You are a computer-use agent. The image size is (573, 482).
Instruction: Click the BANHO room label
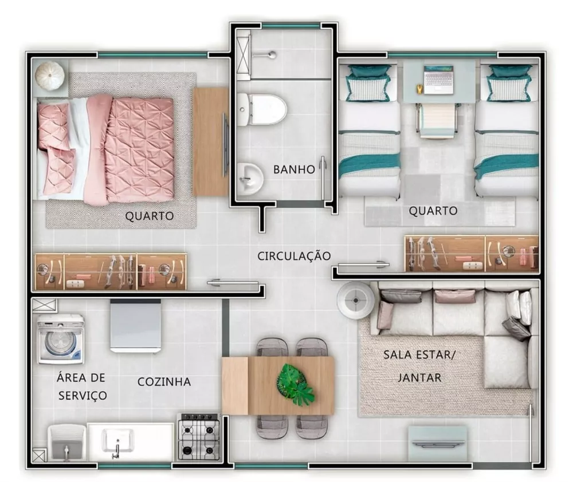pyautogui.click(x=293, y=169)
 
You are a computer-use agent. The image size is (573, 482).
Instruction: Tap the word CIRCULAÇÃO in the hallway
pyautogui.click(x=294, y=255)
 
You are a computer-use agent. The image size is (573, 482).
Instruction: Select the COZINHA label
pyautogui.click(x=164, y=382)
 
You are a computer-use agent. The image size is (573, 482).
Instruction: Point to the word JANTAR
pyautogui.click(x=419, y=377)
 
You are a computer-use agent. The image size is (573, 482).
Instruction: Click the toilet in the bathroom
pyautogui.click(x=263, y=109)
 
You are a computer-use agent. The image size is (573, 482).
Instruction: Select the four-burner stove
pyautogui.click(x=198, y=437)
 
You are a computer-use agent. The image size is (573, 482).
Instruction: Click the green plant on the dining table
pyautogui.click(x=295, y=384)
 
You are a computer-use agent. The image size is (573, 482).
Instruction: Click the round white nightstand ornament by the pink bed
pyautogui.click(x=50, y=75)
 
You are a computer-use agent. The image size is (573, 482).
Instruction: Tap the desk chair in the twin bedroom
pyautogui.click(x=437, y=120)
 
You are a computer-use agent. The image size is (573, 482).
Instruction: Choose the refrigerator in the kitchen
pyautogui.click(x=135, y=325)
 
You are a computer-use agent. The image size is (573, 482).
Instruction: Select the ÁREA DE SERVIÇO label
pyautogui.click(x=81, y=386)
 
